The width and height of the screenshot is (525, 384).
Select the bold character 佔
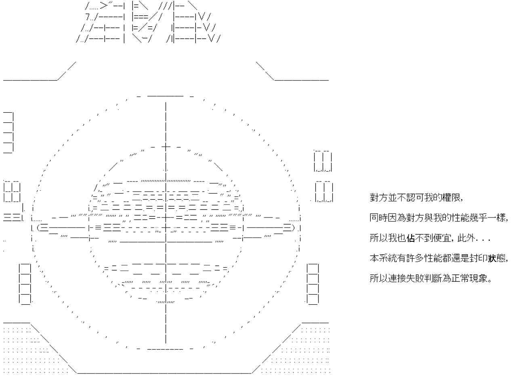tap(410, 238)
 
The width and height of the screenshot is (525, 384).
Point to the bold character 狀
tap(492, 258)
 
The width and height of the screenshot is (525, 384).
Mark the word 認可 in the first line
tap(415, 198)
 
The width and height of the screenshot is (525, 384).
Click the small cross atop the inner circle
tap(166, 147)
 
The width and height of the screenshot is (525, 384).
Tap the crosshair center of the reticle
tap(166, 228)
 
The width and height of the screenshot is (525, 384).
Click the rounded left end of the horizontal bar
tap(40, 228)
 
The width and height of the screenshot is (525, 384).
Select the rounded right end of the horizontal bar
tap(292, 228)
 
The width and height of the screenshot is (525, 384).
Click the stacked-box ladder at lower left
tap(25, 284)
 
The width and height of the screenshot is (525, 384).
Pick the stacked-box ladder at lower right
tap(313, 284)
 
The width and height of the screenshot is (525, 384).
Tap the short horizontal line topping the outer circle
tap(165, 96)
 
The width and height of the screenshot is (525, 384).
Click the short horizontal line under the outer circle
tap(165, 349)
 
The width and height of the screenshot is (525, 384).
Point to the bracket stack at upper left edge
tap(8, 133)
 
